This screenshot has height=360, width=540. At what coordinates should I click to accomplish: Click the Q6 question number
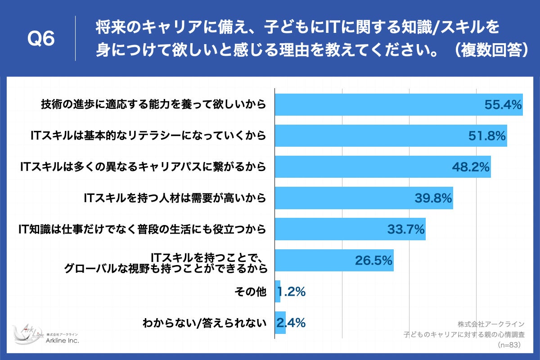tap(41, 39)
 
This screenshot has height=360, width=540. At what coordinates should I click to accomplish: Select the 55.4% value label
tap(503, 105)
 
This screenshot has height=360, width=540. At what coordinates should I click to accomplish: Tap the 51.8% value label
tap(487, 136)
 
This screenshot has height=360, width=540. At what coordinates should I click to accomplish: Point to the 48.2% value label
tap(470, 167)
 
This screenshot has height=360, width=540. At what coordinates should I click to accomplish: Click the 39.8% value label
tap(432, 198)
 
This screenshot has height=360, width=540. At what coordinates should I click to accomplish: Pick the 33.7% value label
tap(406, 229)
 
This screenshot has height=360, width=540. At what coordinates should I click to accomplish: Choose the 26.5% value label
tap(374, 261)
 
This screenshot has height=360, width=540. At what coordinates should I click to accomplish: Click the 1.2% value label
tap(292, 292)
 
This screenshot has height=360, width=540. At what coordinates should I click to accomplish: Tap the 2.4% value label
tap(292, 323)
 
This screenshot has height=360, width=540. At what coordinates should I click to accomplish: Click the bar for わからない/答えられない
tap(280, 323)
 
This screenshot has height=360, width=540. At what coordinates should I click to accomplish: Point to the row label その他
tap(251, 292)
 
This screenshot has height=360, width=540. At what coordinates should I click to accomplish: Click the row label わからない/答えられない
tap(204, 323)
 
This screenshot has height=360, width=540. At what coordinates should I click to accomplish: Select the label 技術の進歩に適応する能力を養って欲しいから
tap(153, 105)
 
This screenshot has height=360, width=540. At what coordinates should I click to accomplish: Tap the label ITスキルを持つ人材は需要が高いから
tap(175, 198)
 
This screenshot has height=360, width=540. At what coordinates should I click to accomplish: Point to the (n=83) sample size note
tap(509, 345)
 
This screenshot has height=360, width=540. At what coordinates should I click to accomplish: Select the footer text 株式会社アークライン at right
tap(491, 324)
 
